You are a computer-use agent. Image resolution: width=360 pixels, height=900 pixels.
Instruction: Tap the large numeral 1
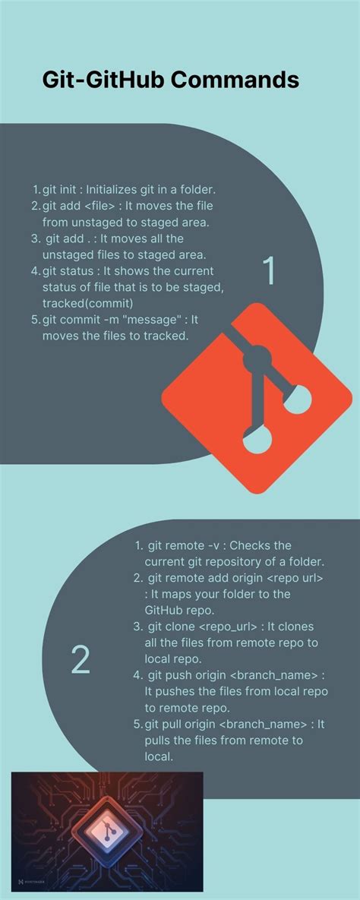[268, 272]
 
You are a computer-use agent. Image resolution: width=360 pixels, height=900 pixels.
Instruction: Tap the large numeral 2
[81, 661]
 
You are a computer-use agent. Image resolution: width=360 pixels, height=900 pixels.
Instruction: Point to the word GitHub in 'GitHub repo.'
[165, 610]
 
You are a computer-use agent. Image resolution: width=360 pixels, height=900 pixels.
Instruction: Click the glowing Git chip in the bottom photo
[107, 831]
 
